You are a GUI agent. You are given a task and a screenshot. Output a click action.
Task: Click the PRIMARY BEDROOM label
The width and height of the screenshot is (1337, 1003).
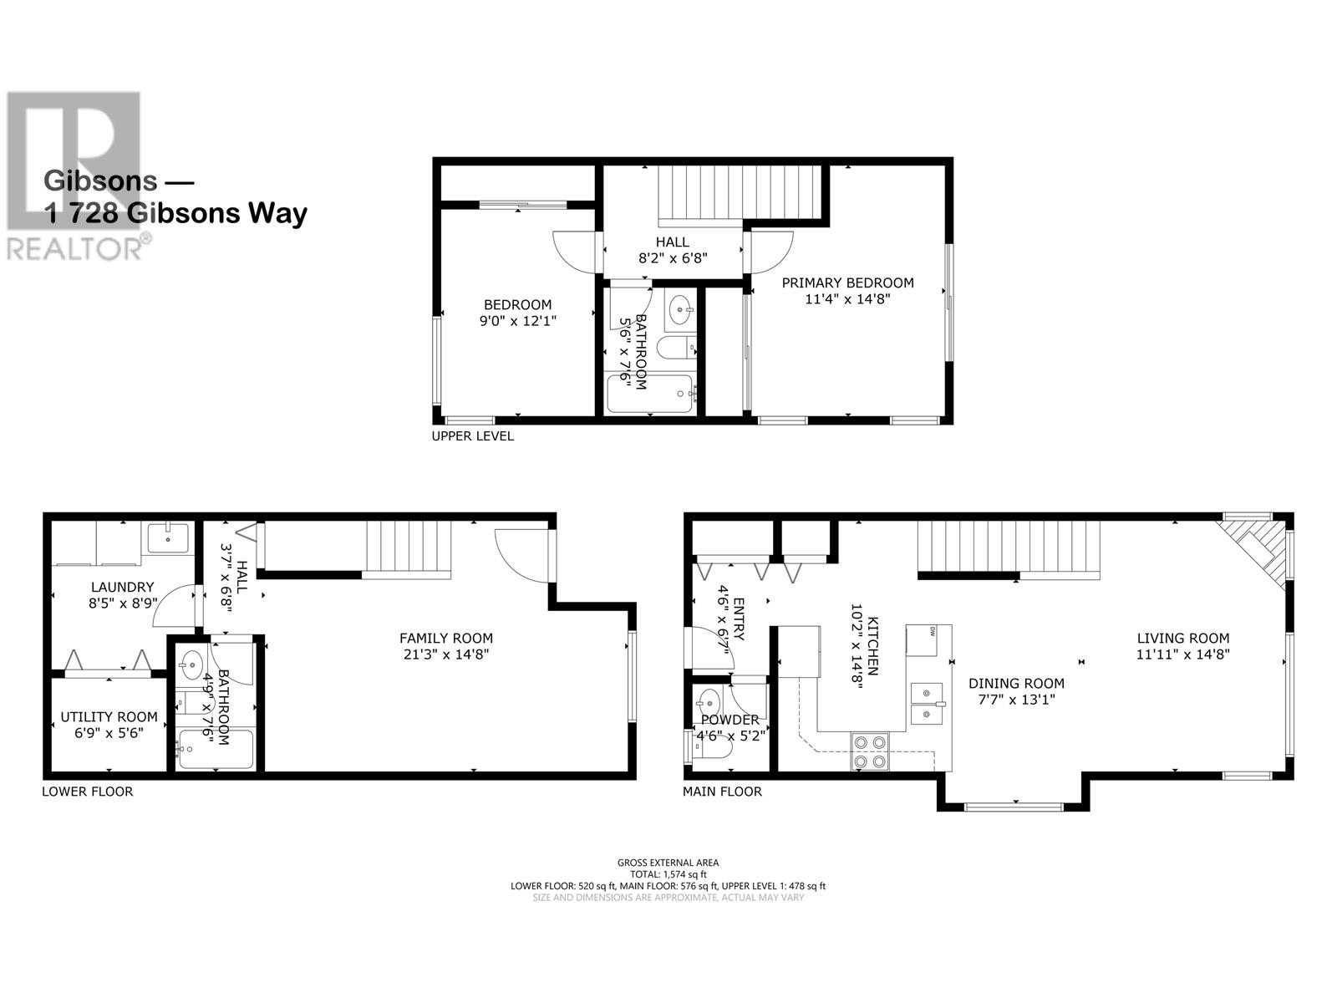click(x=847, y=283)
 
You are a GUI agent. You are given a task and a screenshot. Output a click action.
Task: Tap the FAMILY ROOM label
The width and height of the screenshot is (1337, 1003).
click(x=446, y=639)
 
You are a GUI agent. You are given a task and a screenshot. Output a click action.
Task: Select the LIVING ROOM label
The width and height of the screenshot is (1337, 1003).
click(x=1183, y=639)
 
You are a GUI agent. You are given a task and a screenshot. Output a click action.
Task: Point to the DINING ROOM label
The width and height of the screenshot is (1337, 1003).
click(x=1016, y=683)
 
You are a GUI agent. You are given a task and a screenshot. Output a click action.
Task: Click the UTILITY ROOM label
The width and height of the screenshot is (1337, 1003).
click(x=109, y=717)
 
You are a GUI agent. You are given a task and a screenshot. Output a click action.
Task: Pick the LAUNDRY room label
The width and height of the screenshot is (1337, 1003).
click(x=123, y=587)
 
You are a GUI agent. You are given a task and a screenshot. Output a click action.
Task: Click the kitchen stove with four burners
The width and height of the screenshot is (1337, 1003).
click(x=869, y=751)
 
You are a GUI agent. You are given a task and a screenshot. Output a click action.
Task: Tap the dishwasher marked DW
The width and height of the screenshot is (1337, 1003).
click(x=921, y=640)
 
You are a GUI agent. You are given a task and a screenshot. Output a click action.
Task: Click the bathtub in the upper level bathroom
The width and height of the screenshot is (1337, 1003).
click(x=650, y=394)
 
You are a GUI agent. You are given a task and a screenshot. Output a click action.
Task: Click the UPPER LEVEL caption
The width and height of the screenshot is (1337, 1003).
click(x=473, y=436)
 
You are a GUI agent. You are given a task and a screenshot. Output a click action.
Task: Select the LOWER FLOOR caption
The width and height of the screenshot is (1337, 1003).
click(x=87, y=792)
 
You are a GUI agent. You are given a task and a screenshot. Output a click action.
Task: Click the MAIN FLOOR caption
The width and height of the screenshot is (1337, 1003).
click(x=722, y=792)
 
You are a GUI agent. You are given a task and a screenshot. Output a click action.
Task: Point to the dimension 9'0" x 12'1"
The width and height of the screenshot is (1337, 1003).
click(x=518, y=321)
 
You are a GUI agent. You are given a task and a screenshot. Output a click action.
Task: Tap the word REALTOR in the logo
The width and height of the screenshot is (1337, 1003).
click(x=74, y=249)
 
